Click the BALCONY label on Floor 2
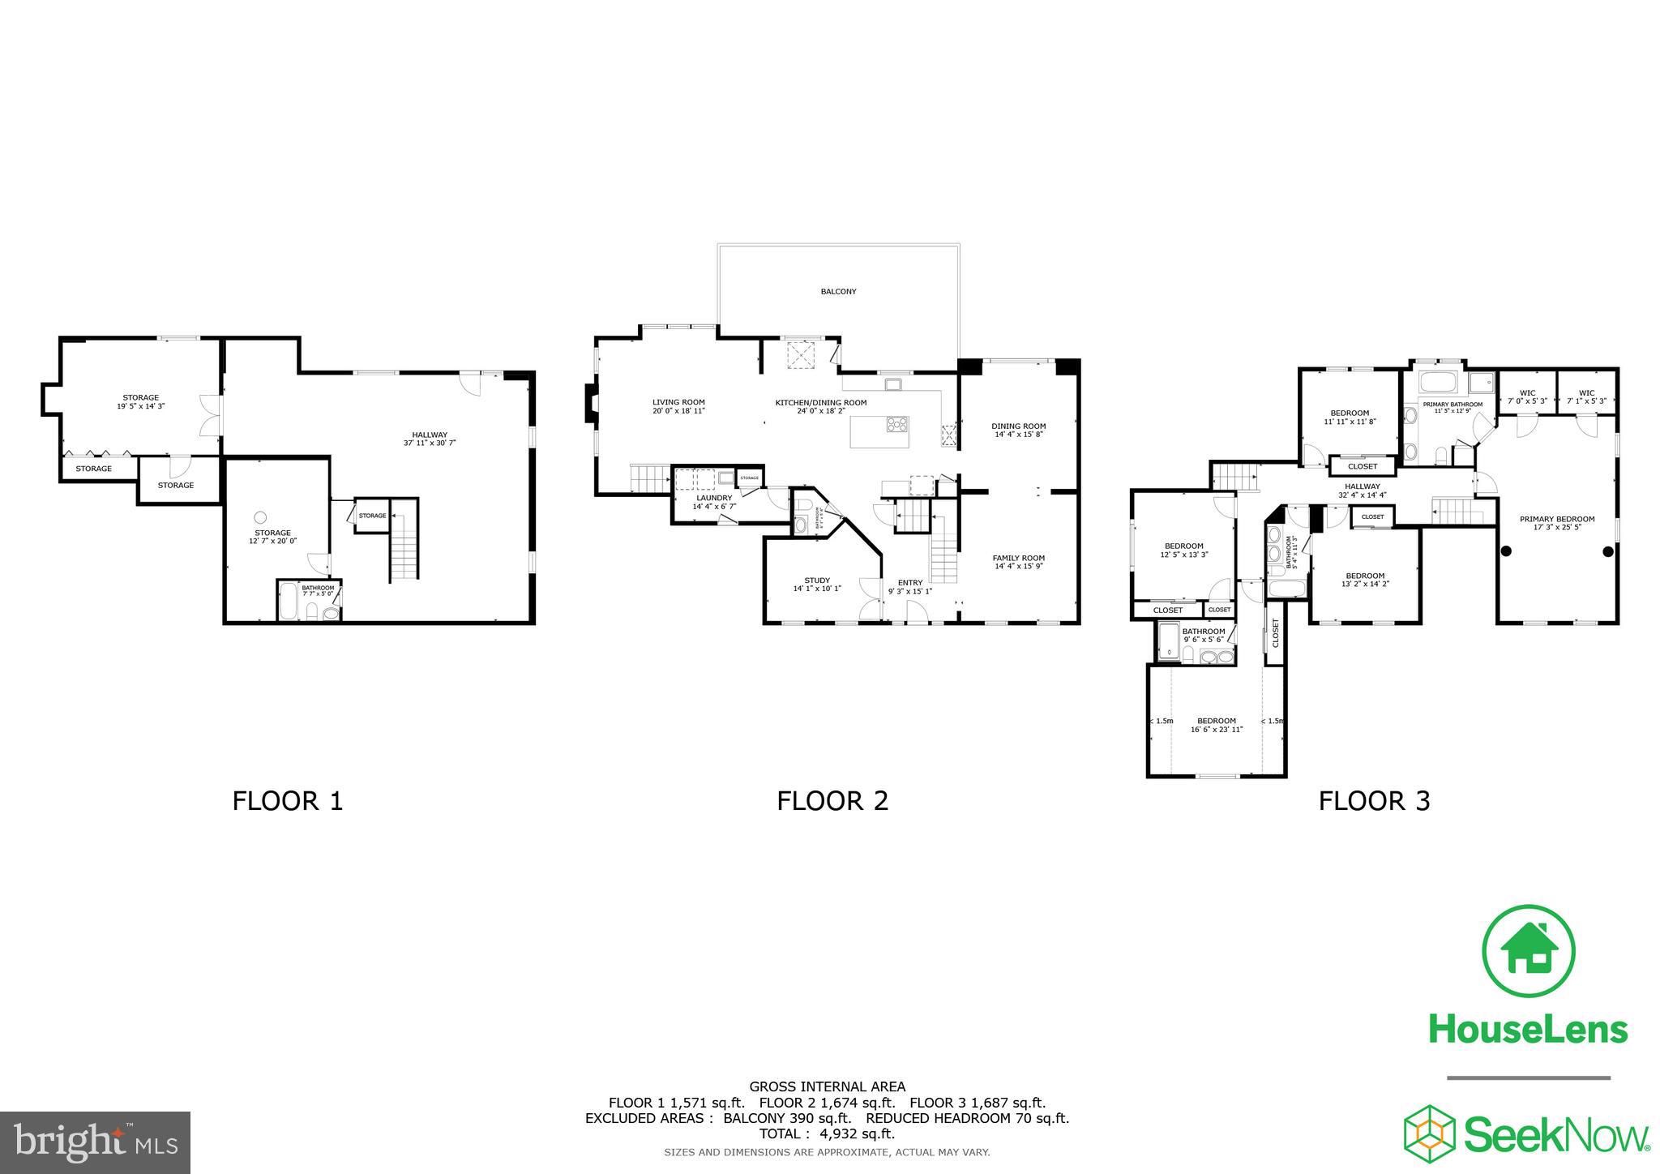pos(838,291)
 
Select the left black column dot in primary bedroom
pos(1505,551)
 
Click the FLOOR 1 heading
pos(288,801)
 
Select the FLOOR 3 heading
pos(1374,801)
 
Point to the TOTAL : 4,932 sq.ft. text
pos(827,1133)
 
